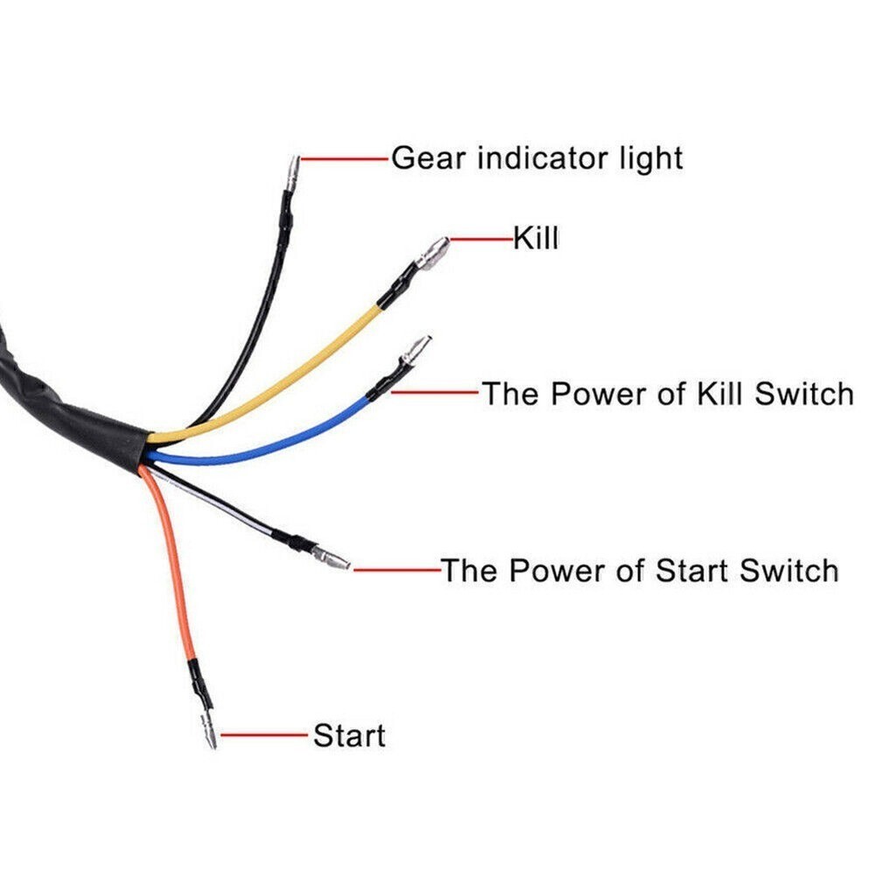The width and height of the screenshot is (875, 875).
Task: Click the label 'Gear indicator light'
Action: (536, 158)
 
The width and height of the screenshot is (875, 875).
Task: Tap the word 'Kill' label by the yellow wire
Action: (535, 237)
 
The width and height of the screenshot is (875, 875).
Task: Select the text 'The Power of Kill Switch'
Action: (668, 393)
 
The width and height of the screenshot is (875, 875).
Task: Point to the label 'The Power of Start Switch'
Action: (640, 570)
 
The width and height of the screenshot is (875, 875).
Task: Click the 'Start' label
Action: (349, 735)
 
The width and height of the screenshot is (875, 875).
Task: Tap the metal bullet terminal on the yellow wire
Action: (433, 253)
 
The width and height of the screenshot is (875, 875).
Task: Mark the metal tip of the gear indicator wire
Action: (292, 170)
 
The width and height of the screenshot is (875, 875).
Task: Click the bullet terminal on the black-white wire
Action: (332, 558)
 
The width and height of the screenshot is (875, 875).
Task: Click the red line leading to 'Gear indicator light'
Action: (345, 159)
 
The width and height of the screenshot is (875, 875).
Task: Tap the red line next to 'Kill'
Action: (482, 238)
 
